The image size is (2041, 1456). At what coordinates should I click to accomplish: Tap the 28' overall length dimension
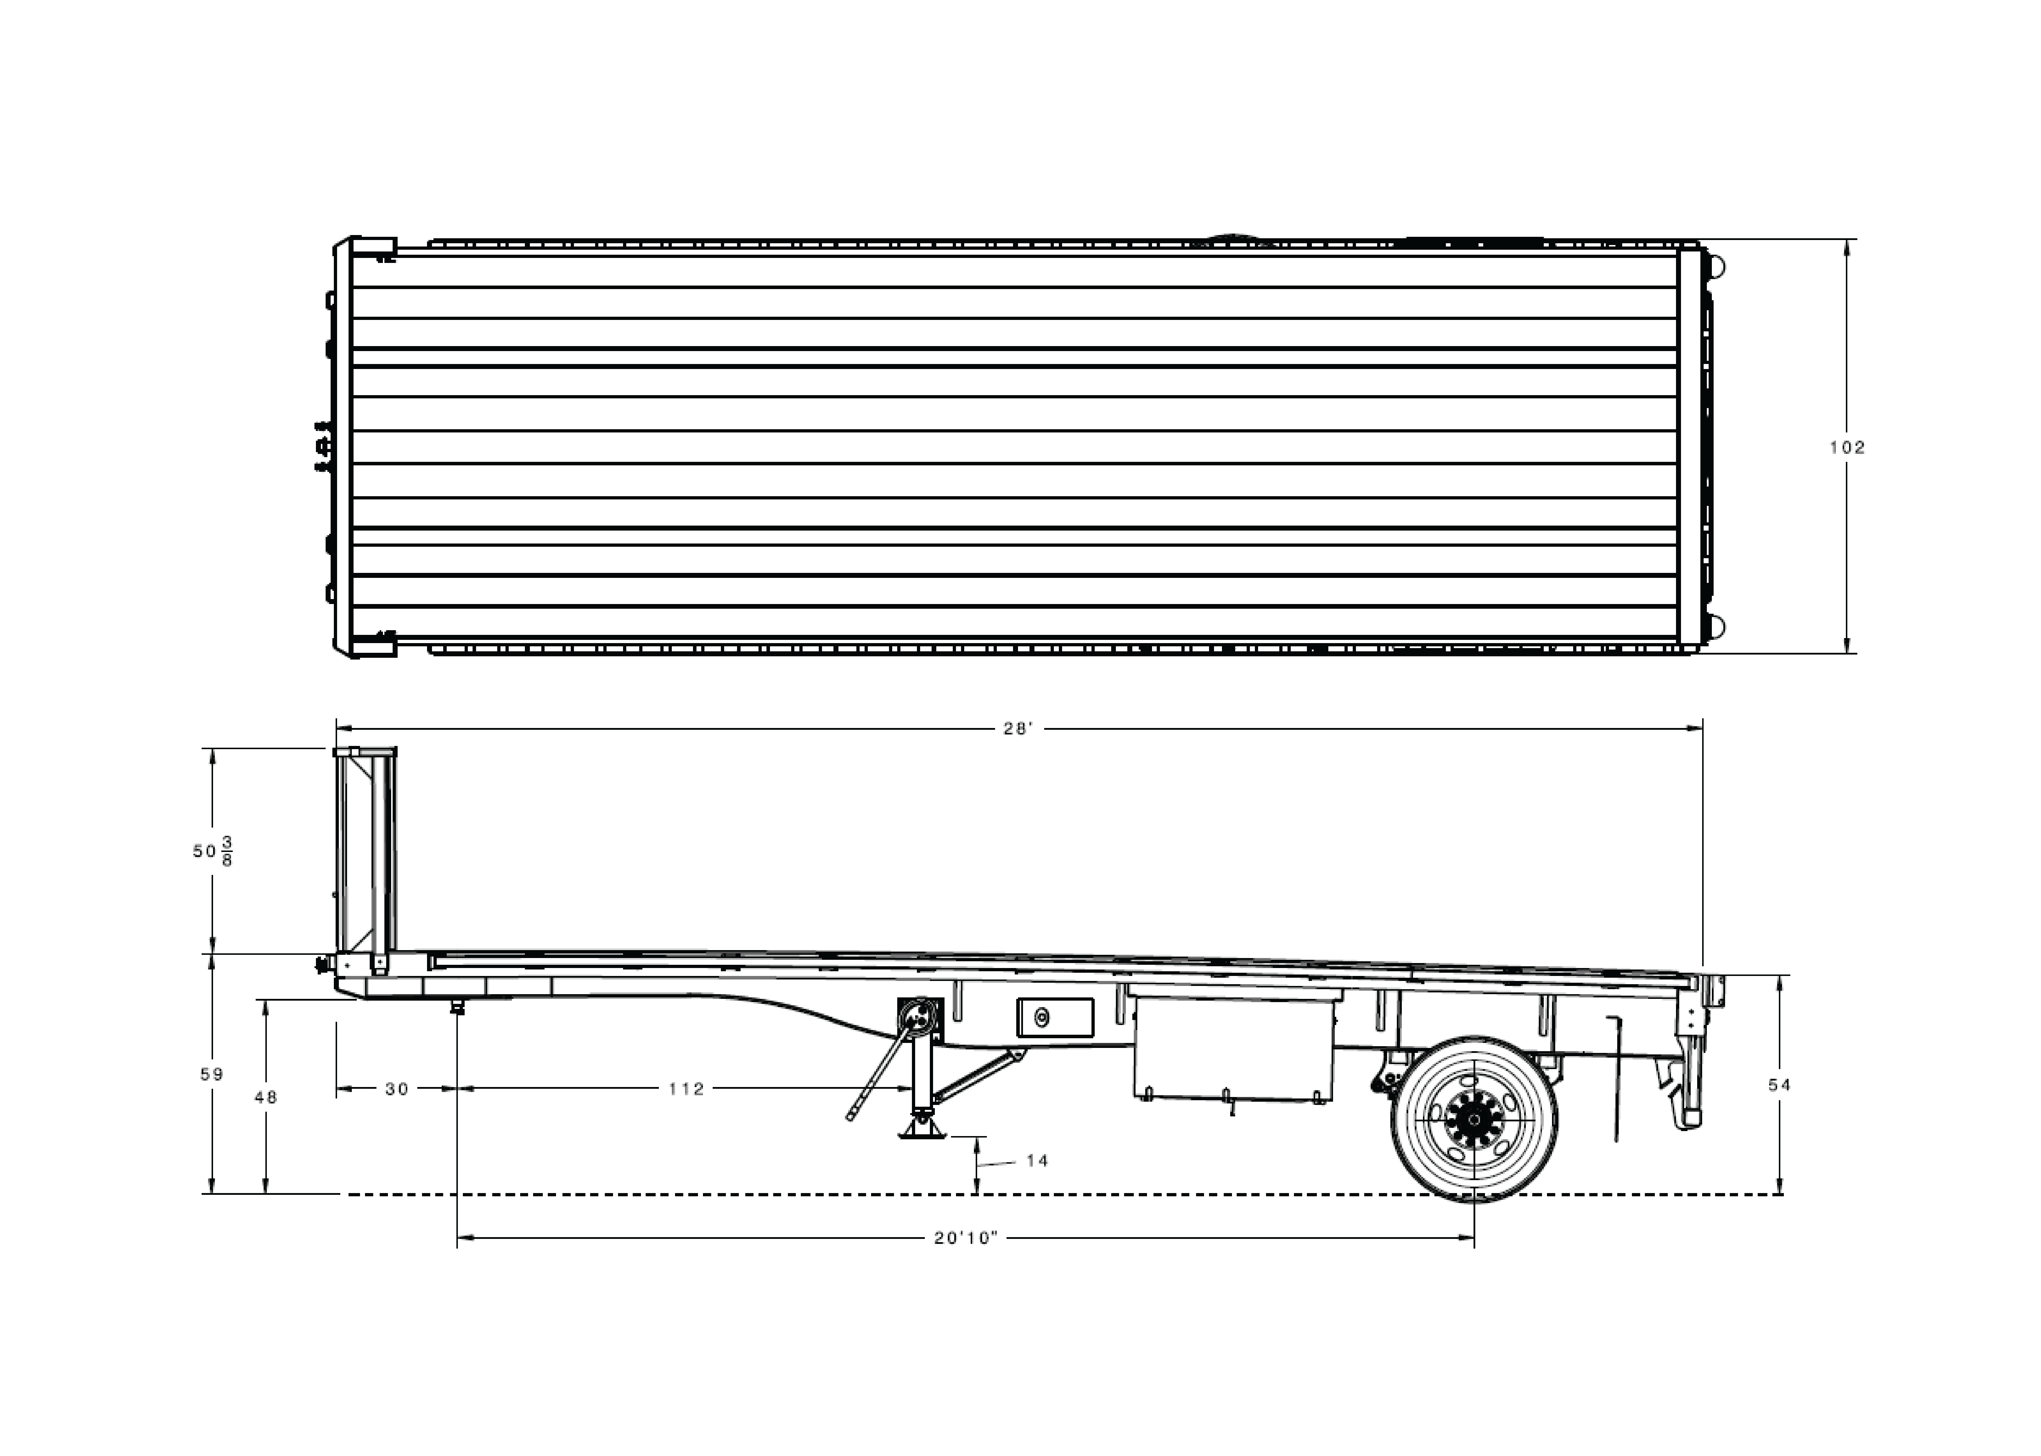point(1018,729)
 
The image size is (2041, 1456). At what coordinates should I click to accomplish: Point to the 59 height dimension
point(212,1074)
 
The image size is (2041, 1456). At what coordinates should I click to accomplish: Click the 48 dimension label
point(265,1096)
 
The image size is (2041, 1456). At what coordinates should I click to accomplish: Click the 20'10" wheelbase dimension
point(966,1238)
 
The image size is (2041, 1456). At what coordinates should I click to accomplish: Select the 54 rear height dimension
point(1779,1085)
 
